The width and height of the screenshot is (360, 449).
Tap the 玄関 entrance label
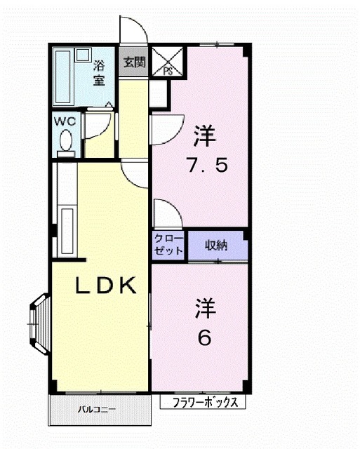[x=134, y=62]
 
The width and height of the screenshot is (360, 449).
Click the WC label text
[x=66, y=120]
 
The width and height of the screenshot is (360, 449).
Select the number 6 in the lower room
[x=204, y=338]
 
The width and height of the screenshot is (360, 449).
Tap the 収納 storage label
[x=216, y=246]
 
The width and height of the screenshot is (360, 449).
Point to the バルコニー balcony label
[x=96, y=408]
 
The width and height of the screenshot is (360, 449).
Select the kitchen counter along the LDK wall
[x=67, y=232]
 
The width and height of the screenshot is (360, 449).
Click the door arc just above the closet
[x=167, y=213]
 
